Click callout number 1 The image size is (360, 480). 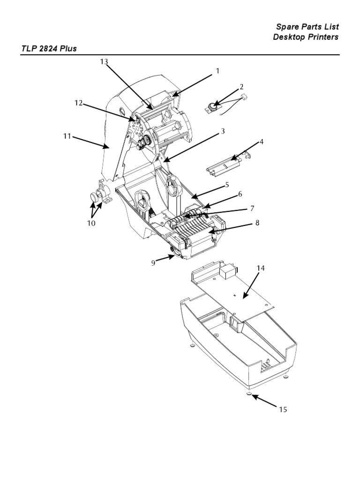pyautogui.click(x=217, y=71)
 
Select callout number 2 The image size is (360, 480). pyautogui.click(x=241, y=87)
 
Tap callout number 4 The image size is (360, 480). pyautogui.click(x=262, y=141)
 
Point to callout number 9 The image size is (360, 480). pyautogui.click(x=153, y=263)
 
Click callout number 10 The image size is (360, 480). pyautogui.click(x=90, y=223)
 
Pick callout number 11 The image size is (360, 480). pyautogui.click(x=67, y=136)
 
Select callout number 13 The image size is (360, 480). pyautogui.click(x=104, y=61)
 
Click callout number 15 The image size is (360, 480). pyautogui.click(x=283, y=410)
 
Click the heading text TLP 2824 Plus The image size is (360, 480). pyautogui.click(x=49, y=48)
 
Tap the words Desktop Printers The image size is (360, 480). pyautogui.click(x=306, y=37)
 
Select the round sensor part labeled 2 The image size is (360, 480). pyautogui.click(x=215, y=107)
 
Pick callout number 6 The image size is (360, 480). pyautogui.click(x=240, y=194)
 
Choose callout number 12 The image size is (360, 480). pyautogui.click(x=78, y=103)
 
